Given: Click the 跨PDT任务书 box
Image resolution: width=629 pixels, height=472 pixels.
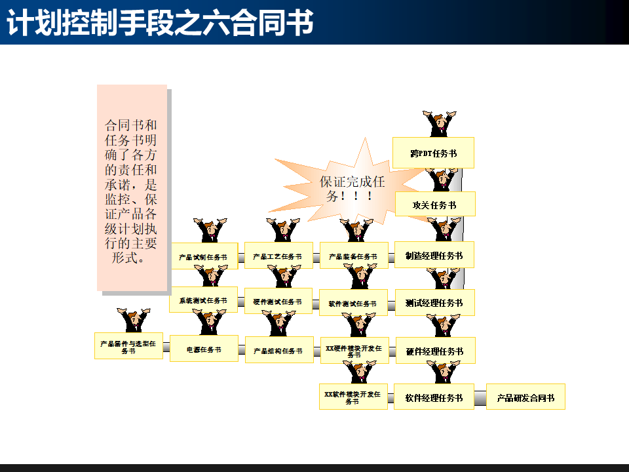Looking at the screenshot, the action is click(x=433, y=153).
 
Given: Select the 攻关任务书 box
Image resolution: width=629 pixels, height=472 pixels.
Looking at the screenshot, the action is click(x=434, y=205).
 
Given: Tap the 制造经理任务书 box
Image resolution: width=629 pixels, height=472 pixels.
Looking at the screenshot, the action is click(x=434, y=256).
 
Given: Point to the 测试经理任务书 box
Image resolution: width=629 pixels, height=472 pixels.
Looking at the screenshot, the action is click(x=434, y=303).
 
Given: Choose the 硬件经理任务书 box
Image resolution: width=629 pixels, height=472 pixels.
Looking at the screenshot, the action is click(x=434, y=351).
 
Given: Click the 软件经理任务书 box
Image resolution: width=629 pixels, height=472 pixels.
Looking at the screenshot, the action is click(x=434, y=397).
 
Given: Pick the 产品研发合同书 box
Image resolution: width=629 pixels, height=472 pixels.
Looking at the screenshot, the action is click(x=525, y=397).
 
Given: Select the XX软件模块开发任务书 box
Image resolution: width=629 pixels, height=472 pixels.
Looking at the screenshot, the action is click(x=353, y=397).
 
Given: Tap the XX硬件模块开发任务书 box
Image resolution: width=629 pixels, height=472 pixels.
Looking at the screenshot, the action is click(x=354, y=350).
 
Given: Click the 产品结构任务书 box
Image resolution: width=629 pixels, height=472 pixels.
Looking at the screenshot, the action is click(x=278, y=350).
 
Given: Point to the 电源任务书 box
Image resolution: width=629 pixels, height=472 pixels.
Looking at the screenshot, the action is click(x=204, y=349).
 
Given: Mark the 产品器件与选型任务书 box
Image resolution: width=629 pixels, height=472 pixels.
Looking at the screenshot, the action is click(x=128, y=345).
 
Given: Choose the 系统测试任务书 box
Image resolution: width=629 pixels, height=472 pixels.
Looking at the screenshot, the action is click(x=203, y=300).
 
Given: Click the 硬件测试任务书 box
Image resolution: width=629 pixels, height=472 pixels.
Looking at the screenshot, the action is click(x=278, y=301).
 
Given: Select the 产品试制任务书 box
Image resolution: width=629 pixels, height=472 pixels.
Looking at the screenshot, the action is click(x=203, y=256).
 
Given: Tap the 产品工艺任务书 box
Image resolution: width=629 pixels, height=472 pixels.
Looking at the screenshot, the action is click(x=278, y=256).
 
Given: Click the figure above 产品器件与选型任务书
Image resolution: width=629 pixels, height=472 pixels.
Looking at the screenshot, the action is click(x=133, y=321).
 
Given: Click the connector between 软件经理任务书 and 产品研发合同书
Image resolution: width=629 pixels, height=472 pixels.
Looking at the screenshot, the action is click(x=480, y=397).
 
